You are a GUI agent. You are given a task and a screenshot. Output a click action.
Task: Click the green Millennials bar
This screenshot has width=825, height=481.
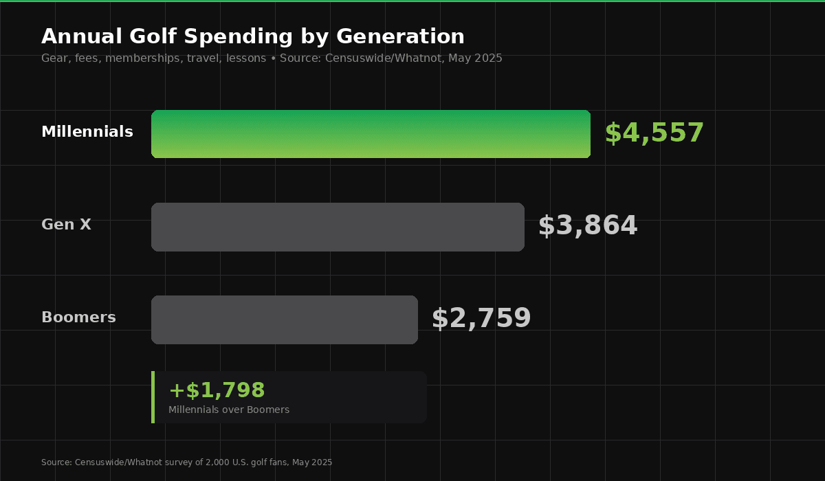(x=371, y=134)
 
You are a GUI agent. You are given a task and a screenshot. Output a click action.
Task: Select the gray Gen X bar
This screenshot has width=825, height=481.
(x=338, y=227)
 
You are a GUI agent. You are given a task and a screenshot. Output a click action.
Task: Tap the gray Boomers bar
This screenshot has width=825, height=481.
(x=285, y=320)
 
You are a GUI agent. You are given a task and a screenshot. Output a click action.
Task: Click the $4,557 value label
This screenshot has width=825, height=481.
(x=654, y=133)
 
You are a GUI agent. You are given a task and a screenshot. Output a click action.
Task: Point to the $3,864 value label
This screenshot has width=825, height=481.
(x=588, y=226)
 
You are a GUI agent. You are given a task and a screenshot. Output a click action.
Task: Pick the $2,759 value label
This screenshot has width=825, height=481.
(x=481, y=319)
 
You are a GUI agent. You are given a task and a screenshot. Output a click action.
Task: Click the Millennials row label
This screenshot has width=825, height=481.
(x=87, y=132)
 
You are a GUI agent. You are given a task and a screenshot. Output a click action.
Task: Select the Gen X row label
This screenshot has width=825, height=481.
(x=66, y=225)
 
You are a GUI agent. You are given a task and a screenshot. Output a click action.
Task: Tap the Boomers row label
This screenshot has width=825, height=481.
(x=78, y=317)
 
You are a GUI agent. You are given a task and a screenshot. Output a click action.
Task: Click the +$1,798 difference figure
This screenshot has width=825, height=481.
(x=217, y=390)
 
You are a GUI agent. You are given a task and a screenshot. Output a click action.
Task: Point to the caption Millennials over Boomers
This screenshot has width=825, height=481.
(x=229, y=410)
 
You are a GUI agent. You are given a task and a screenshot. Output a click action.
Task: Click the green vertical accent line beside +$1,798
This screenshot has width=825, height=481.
(x=153, y=397)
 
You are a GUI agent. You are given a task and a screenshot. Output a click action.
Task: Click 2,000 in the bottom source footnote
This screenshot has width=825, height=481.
(x=217, y=462)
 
